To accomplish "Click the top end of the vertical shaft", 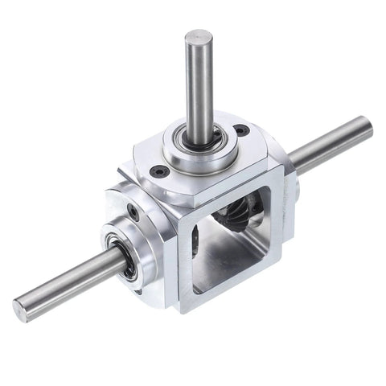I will click(x=198, y=37).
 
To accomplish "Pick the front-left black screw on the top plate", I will click(x=158, y=170).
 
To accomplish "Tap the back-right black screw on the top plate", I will click(x=240, y=130).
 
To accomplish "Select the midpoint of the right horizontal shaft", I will click(x=330, y=145).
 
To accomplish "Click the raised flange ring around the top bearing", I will click(x=199, y=153).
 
